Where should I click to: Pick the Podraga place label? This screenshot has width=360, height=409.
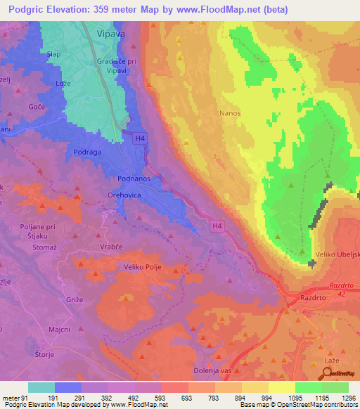(88, 152)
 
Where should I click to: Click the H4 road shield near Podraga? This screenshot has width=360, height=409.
(141, 139)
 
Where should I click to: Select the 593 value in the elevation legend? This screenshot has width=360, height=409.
(160, 398)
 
